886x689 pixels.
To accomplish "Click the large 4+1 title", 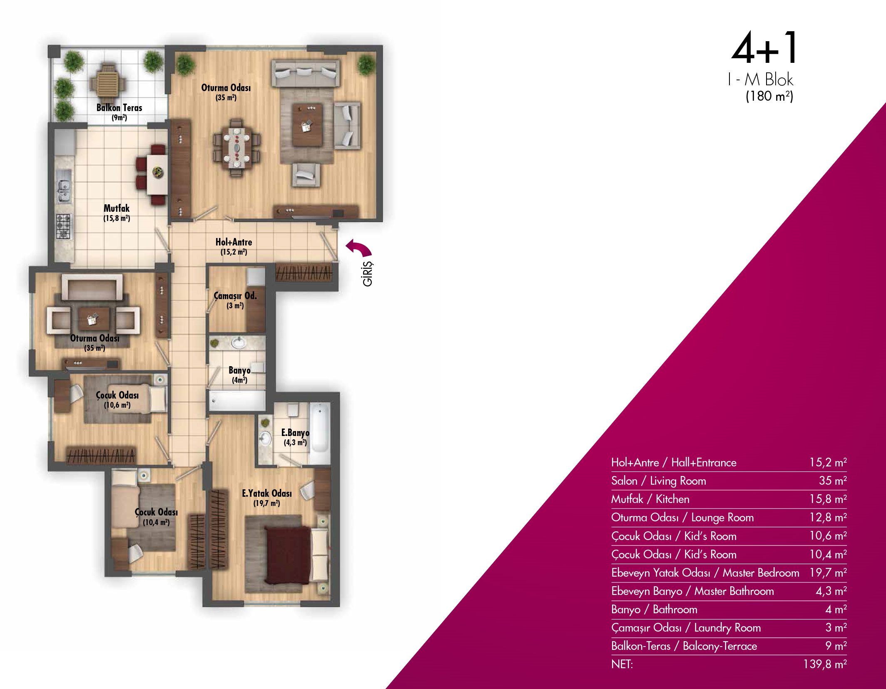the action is click(764, 48).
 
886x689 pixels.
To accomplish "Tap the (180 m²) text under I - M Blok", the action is click(769, 96).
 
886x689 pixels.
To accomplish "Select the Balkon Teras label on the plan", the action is click(119, 108).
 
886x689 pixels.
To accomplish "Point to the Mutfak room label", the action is click(117, 208).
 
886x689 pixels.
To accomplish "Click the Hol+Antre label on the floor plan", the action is click(234, 242).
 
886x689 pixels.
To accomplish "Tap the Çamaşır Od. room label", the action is click(235, 295).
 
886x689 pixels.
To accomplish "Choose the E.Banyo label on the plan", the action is click(295, 433).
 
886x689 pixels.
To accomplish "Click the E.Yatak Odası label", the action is click(267, 493).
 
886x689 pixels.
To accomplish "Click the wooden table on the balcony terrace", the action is click(108, 81).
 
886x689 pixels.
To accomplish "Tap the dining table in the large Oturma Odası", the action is click(236, 147).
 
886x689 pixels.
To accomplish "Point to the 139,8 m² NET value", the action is click(825, 664).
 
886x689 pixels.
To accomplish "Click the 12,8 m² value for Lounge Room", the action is click(828, 517).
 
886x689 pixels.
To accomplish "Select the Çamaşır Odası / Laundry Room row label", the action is click(686, 627).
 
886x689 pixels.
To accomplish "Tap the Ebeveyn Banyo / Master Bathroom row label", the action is click(692, 591).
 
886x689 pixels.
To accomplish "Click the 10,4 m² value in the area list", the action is click(828, 554).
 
